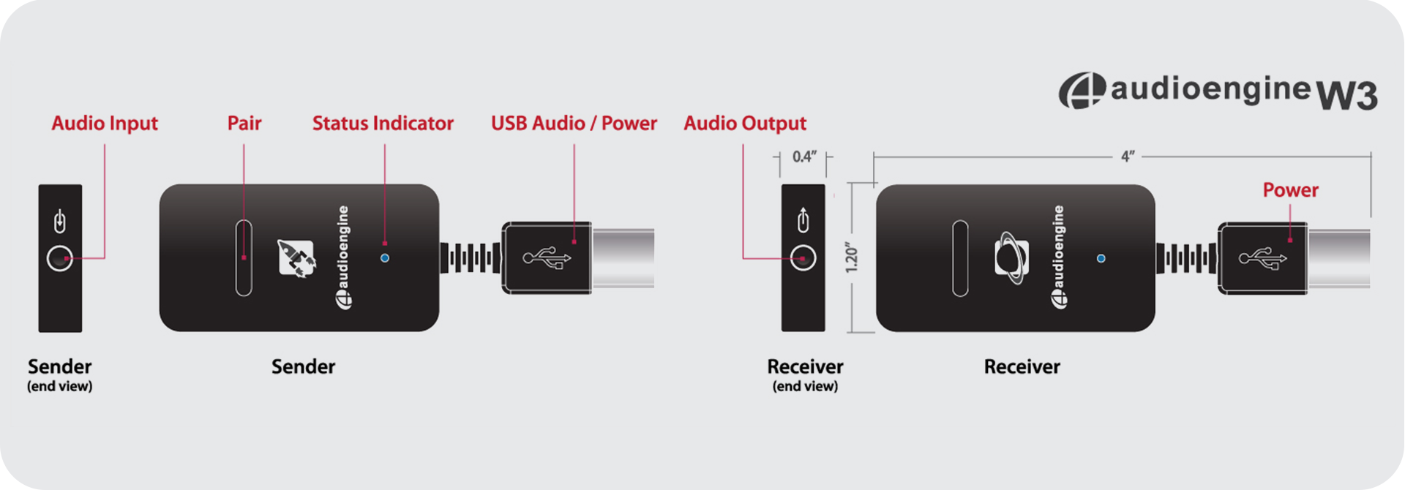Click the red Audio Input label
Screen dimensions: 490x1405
pos(105,124)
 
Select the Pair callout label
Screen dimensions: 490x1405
pos(244,124)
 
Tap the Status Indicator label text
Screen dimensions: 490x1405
pos(383,124)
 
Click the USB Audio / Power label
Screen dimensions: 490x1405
pos(574,124)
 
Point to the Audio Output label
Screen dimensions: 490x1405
pos(745,124)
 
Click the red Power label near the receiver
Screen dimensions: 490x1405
pos(1290,190)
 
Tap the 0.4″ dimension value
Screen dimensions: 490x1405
pos(803,157)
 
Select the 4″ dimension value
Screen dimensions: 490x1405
pos(1128,157)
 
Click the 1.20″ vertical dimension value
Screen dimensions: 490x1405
pos(852,257)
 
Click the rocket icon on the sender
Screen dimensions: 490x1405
pos(296,257)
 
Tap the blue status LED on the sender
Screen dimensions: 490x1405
pos(385,258)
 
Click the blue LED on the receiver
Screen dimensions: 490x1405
pos(1101,258)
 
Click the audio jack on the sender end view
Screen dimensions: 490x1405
pos(60,258)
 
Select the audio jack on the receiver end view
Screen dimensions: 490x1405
pos(803,258)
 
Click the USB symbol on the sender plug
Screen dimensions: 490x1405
pos(547,257)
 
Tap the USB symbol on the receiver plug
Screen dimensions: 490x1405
pos(1262,257)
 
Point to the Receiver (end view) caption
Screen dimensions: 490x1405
pos(805,374)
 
